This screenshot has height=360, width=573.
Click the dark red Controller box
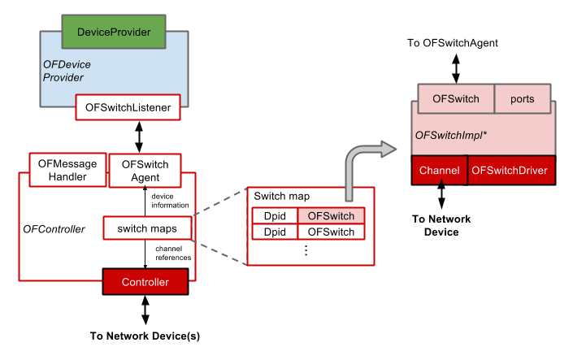(x=145, y=282)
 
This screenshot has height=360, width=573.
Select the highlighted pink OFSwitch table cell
(x=331, y=216)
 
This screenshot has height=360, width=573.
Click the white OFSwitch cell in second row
(x=331, y=232)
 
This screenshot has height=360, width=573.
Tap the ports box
(x=522, y=98)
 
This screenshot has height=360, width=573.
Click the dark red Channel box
(x=440, y=170)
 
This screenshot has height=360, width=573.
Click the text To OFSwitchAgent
(x=453, y=42)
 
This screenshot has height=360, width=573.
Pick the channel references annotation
(x=173, y=253)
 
